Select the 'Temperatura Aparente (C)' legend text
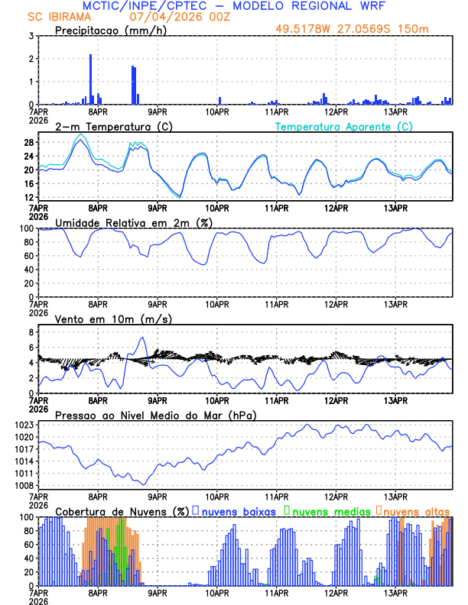[x=343, y=127]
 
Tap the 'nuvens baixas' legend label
[x=238, y=510]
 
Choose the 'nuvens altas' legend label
[x=416, y=510]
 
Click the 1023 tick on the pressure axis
[x=26, y=425]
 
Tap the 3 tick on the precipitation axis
[x=31, y=36]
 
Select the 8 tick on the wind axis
[x=31, y=332]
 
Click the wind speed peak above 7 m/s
[x=141, y=338]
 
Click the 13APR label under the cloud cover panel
[x=395, y=592]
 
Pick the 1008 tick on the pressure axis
[x=26, y=486]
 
